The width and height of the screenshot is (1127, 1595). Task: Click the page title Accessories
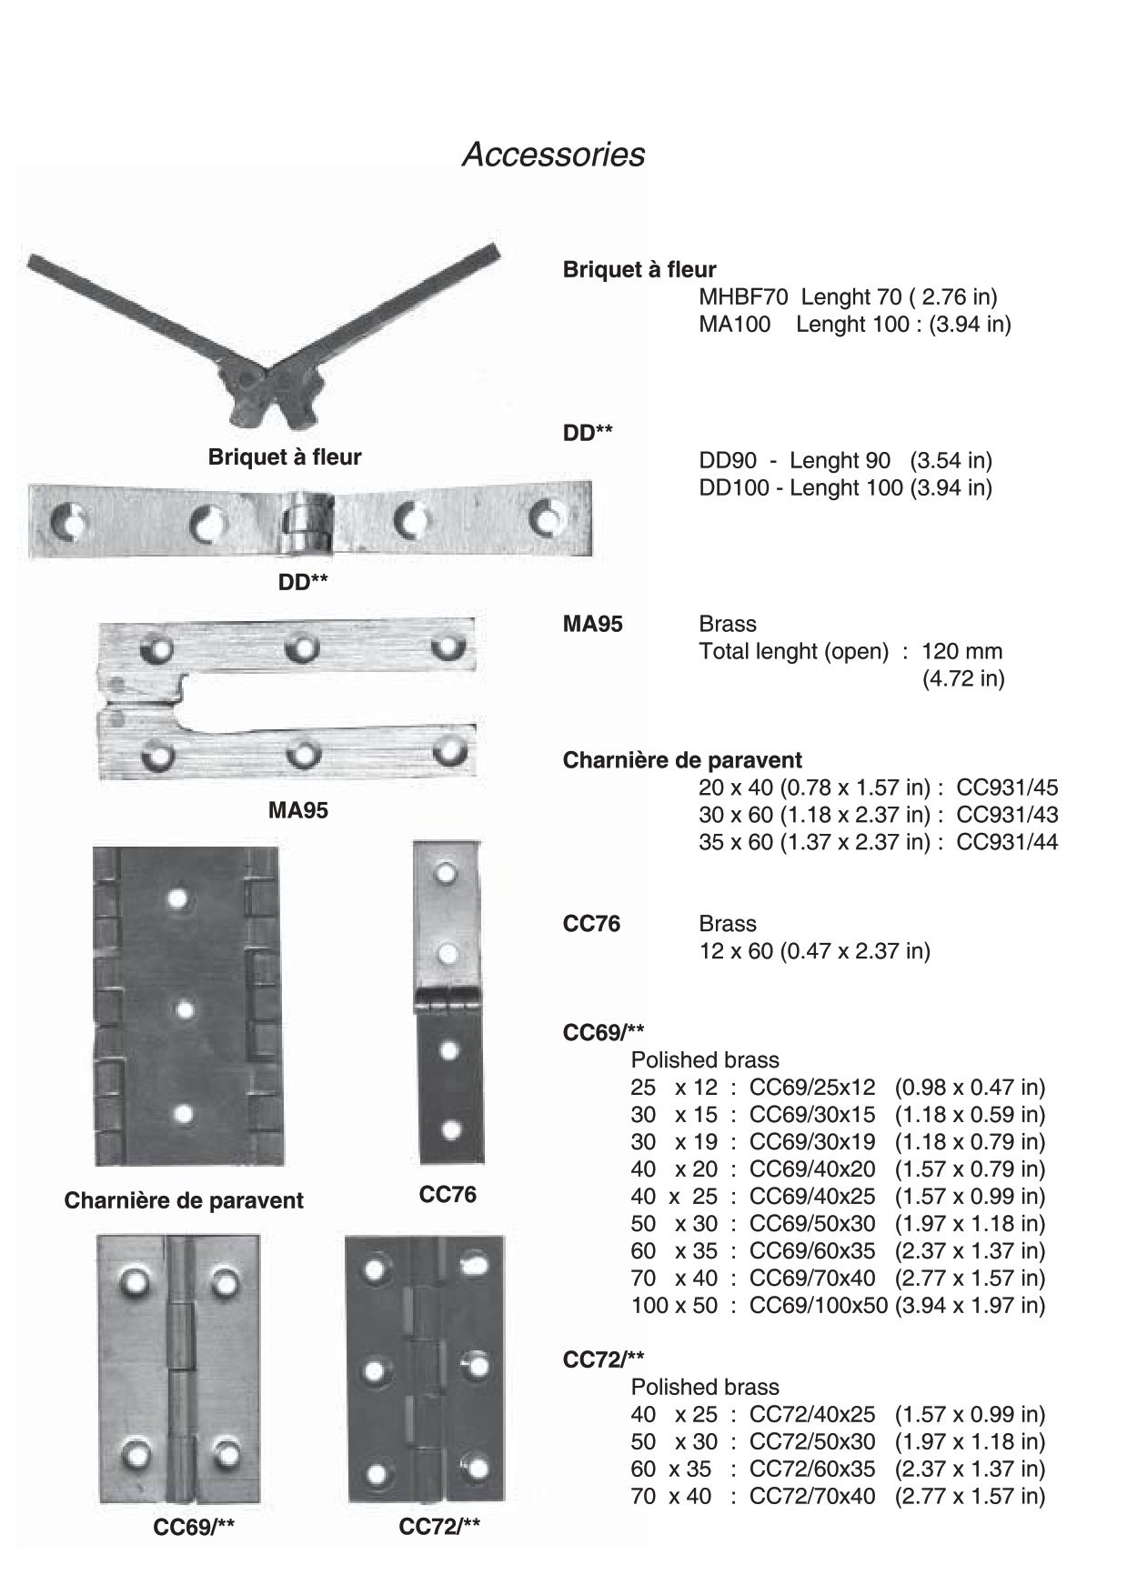pos(553,155)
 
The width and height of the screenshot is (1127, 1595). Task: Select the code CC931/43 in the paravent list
pos(1007,815)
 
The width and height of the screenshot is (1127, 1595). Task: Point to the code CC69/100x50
pos(818,1305)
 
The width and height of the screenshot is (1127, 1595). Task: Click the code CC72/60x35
pos(811,1469)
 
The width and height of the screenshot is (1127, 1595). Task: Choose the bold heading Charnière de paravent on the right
pos(682,760)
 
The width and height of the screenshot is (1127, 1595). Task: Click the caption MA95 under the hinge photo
pos(297,810)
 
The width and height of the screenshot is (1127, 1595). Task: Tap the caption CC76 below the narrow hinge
pos(447,1194)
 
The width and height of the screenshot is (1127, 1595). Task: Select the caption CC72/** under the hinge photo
pos(438,1527)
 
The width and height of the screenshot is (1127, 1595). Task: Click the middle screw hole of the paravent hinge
pos(185,1008)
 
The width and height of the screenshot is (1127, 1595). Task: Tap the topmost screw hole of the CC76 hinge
pos(446,874)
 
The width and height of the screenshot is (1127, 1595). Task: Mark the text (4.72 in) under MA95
pos(962,678)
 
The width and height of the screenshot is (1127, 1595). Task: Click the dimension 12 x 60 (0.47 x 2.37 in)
pos(814,951)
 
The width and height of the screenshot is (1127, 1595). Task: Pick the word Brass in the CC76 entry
pos(727,924)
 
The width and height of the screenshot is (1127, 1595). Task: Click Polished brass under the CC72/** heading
pos(705,1387)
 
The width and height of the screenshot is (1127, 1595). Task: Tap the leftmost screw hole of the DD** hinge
pos(68,523)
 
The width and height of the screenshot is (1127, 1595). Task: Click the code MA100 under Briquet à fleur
pos(734,324)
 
